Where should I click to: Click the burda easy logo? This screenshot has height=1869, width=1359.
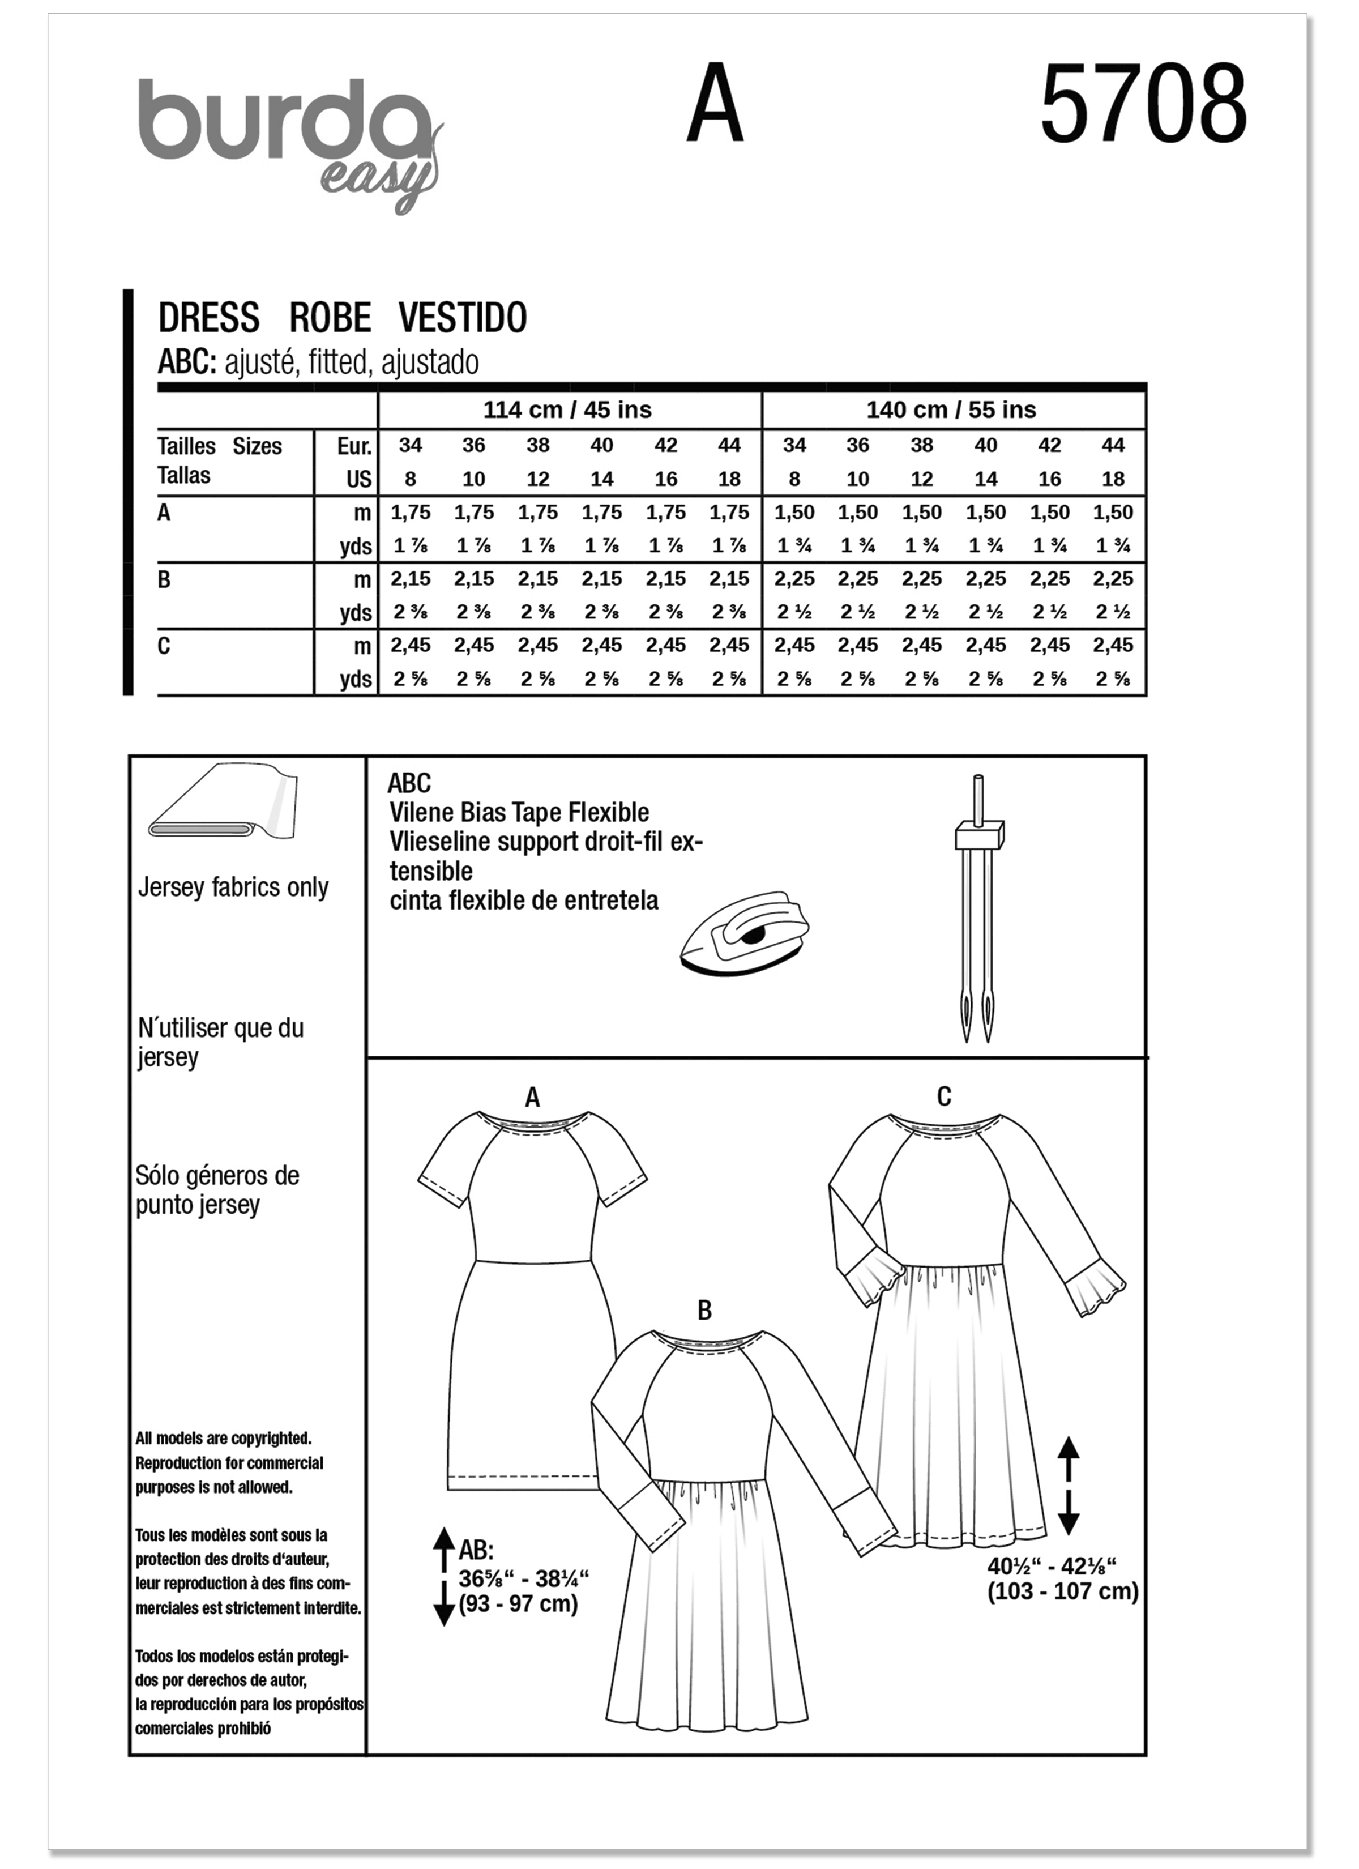[x=288, y=140]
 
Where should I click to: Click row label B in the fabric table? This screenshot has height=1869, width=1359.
[x=164, y=580]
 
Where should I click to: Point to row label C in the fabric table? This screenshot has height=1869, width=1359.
[x=164, y=646]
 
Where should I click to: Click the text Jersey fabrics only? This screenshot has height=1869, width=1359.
[x=233, y=887]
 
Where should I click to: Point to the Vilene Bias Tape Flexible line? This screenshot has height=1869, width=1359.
[x=519, y=813]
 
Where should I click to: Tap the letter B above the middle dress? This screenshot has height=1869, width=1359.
[x=704, y=1311]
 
